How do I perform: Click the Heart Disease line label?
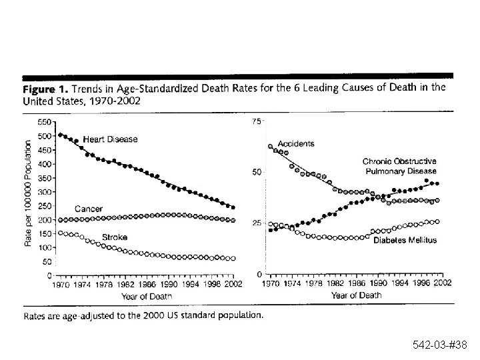[111, 139]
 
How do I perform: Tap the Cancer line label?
[88, 209]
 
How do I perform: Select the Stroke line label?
[114, 237]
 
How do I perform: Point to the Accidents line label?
[295, 143]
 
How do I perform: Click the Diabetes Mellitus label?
[403, 240]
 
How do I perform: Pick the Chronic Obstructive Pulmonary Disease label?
[399, 166]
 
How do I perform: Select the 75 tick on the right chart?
[256, 122]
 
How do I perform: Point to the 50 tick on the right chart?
[256, 172]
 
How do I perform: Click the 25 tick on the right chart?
[256, 223]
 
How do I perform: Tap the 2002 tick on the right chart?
[441, 283]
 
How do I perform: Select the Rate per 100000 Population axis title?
[29, 193]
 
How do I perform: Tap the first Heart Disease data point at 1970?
[60, 135]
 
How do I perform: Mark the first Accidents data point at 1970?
[269, 147]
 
